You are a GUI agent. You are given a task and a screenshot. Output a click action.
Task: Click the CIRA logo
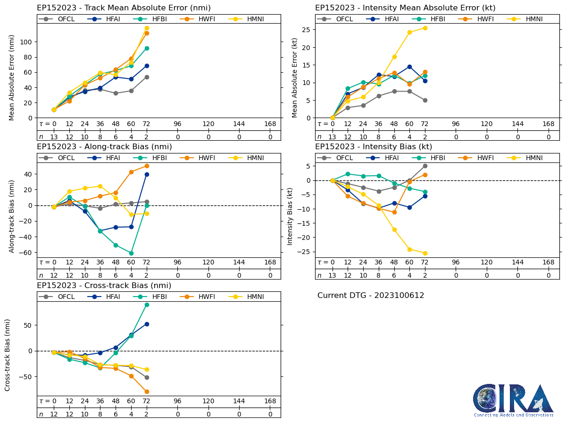point(513,400)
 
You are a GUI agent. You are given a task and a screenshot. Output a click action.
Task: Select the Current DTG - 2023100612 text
point(371,296)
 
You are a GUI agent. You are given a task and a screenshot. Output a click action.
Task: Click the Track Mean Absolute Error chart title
point(124,8)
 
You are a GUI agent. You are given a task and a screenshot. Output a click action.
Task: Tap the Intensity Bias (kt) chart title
point(374,147)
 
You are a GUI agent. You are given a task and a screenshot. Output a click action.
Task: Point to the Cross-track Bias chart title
point(104,286)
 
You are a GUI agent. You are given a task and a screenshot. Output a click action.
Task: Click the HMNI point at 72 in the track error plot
point(147,28)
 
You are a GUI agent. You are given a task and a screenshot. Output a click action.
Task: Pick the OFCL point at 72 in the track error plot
point(147,77)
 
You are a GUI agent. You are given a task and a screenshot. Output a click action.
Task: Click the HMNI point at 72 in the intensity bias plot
point(425,253)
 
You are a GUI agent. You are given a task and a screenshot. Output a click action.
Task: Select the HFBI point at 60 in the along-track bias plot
point(131,253)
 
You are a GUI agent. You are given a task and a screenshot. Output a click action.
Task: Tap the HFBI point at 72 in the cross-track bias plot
point(147,305)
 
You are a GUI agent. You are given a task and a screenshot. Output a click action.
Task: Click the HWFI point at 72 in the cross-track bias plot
point(147,391)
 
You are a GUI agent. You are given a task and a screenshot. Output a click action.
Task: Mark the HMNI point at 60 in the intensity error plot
point(409,33)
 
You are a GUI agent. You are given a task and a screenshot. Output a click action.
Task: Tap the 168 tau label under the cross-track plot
point(270,401)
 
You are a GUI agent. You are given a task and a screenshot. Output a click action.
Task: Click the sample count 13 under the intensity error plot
point(332,137)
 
